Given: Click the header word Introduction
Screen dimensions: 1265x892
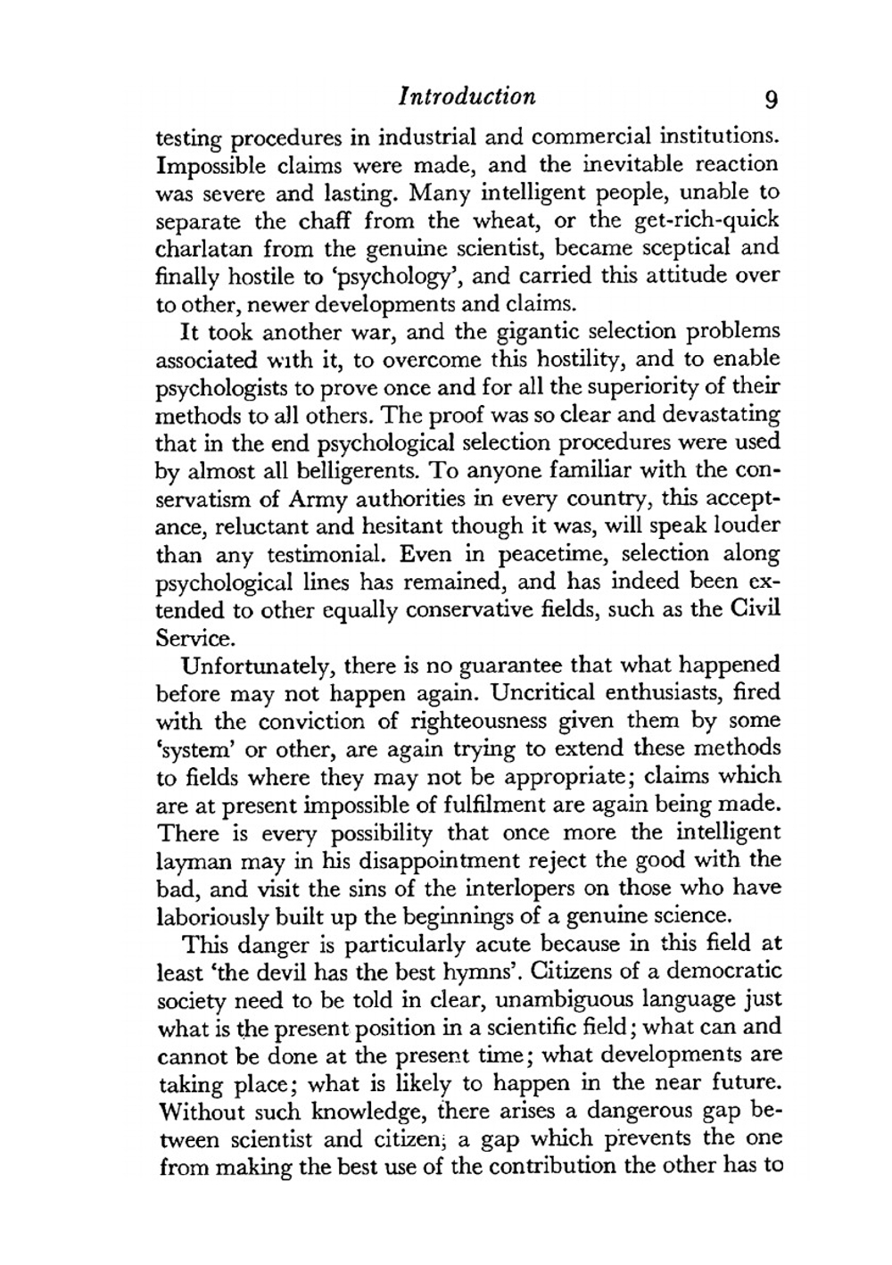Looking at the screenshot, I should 467,96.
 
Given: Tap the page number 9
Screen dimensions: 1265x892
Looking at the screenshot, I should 771,98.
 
